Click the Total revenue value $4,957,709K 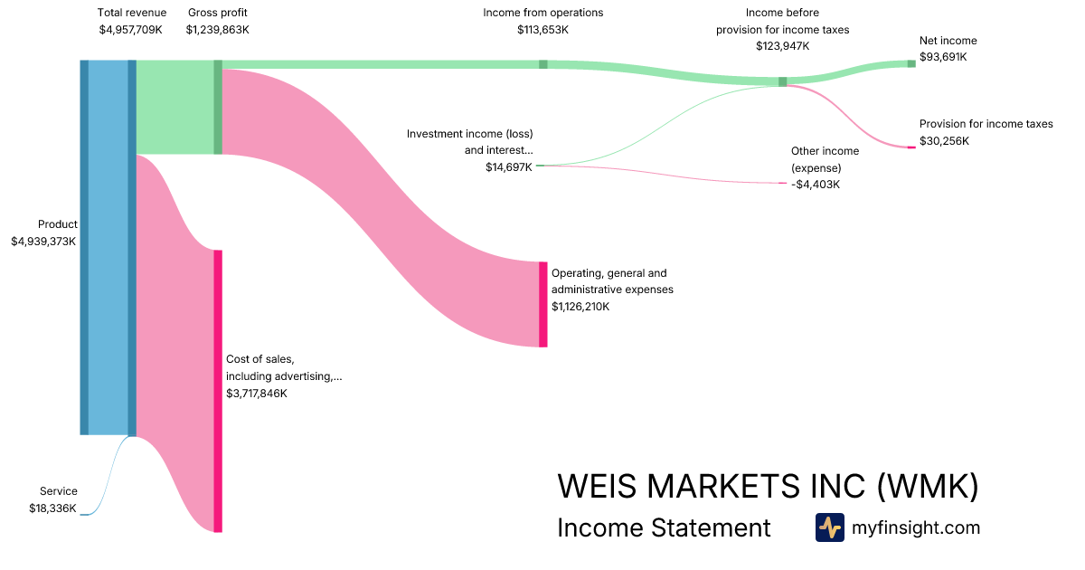130,30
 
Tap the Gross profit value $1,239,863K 217,30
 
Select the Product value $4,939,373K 43,242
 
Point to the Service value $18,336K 52,508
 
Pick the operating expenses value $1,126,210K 580,307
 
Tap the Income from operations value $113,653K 542,30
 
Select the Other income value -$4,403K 816,185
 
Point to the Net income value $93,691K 943,57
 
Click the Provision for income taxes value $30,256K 944,141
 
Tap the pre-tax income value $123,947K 783,46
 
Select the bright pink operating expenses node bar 543,304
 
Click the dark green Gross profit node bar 218,107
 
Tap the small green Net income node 911,63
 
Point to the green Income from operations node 543,64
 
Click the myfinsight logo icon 830,527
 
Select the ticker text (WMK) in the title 928,487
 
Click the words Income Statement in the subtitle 664,528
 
